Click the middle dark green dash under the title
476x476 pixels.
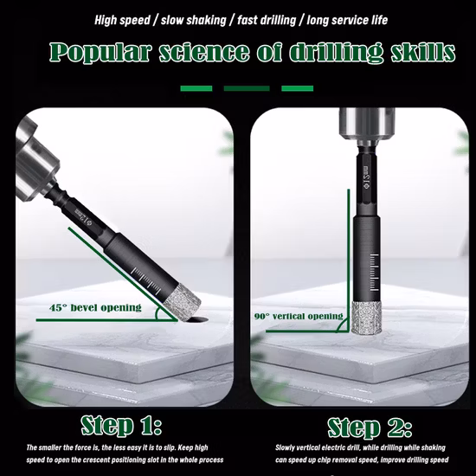point(246,87)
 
